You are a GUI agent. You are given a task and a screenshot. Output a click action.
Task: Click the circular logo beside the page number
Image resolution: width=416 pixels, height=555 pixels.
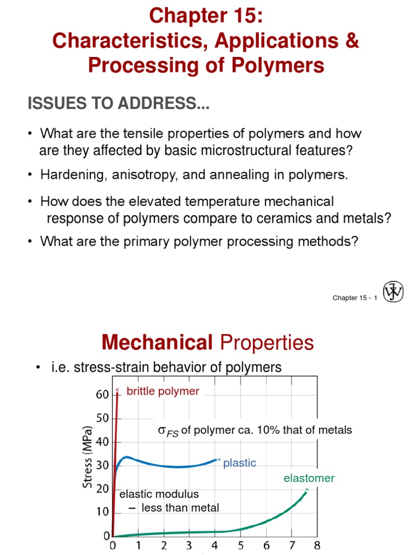point(393,292)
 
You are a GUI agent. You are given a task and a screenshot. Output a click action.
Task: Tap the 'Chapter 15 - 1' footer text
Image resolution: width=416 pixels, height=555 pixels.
point(354,298)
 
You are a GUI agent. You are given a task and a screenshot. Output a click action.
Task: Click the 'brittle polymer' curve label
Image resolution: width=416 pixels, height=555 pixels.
point(162,391)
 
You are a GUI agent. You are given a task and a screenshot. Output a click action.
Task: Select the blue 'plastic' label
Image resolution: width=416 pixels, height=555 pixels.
point(239,463)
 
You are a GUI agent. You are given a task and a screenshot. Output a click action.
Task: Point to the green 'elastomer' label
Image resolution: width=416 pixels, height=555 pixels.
point(309,478)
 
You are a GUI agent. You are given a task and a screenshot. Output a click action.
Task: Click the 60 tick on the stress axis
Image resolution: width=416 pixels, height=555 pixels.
point(103,395)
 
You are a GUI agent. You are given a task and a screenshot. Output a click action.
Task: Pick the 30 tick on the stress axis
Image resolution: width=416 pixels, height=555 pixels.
point(103,465)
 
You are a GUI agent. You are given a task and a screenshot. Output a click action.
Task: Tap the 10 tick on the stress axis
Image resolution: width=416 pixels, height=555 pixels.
point(103,512)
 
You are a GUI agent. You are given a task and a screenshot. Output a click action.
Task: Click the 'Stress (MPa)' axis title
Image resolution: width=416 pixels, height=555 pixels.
point(87,456)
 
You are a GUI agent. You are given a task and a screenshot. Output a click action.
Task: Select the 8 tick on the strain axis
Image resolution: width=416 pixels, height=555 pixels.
point(317,545)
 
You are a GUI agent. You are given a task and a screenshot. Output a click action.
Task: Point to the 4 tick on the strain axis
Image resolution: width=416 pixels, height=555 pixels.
point(215,545)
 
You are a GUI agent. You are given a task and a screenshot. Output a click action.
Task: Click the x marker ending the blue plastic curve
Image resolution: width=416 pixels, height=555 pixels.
point(219,459)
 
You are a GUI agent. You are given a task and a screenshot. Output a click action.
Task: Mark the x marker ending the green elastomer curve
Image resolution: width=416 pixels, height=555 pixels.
point(307,489)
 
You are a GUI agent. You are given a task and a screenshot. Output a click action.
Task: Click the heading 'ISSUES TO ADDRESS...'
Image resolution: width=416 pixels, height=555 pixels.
point(119,104)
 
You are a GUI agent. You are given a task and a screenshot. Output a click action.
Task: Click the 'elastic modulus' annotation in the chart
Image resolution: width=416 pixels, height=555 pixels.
point(159,494)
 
